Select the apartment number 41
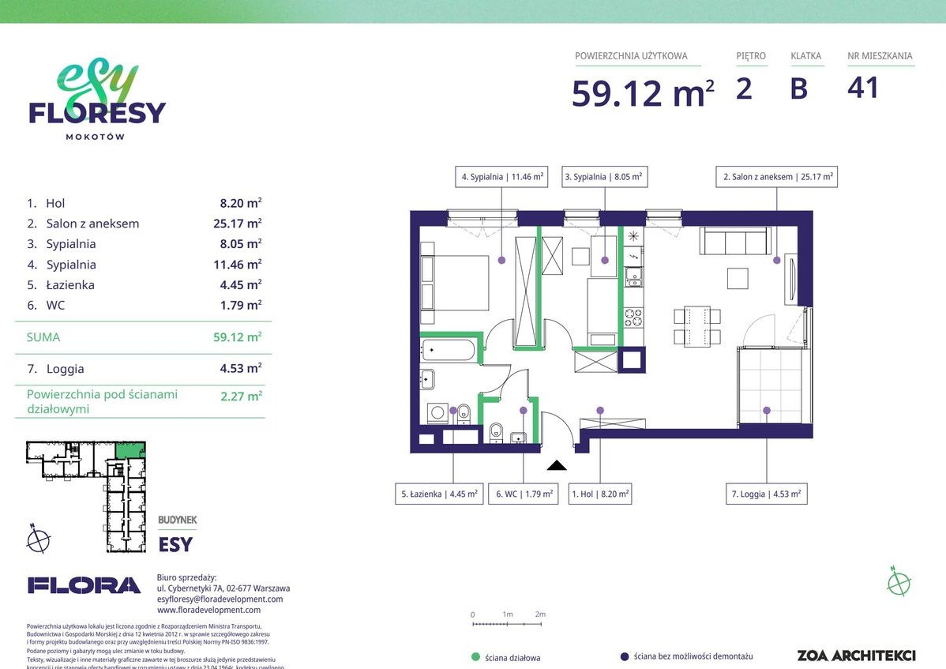point(862,88)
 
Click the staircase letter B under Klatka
point(798,88)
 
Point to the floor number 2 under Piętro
point(743,88)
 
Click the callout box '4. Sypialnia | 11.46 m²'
point(502,177)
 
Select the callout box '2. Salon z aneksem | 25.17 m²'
point(776,177)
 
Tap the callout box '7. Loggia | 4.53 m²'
point(766,494)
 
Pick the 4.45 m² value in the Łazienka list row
point(241,285)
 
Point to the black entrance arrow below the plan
point(557,465)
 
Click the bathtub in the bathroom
point(450,351)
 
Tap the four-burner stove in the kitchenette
point(633,318)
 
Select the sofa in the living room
point(735,241)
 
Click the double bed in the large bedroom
point(456,283)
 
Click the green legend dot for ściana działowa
point(475,656)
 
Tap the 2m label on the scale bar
point(540,614)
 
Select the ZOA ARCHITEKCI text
point(856,655)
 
